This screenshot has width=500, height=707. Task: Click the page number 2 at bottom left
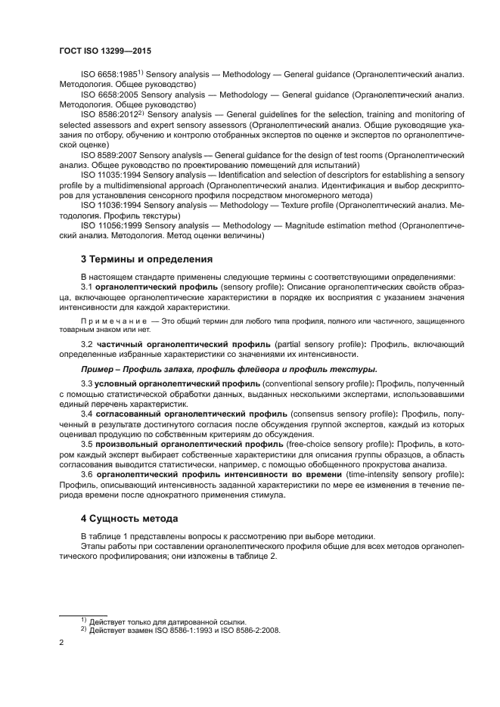(x=61, y=642)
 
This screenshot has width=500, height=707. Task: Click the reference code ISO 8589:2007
(x=109, y=154)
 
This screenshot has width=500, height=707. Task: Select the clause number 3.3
(x=86, y=384)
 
